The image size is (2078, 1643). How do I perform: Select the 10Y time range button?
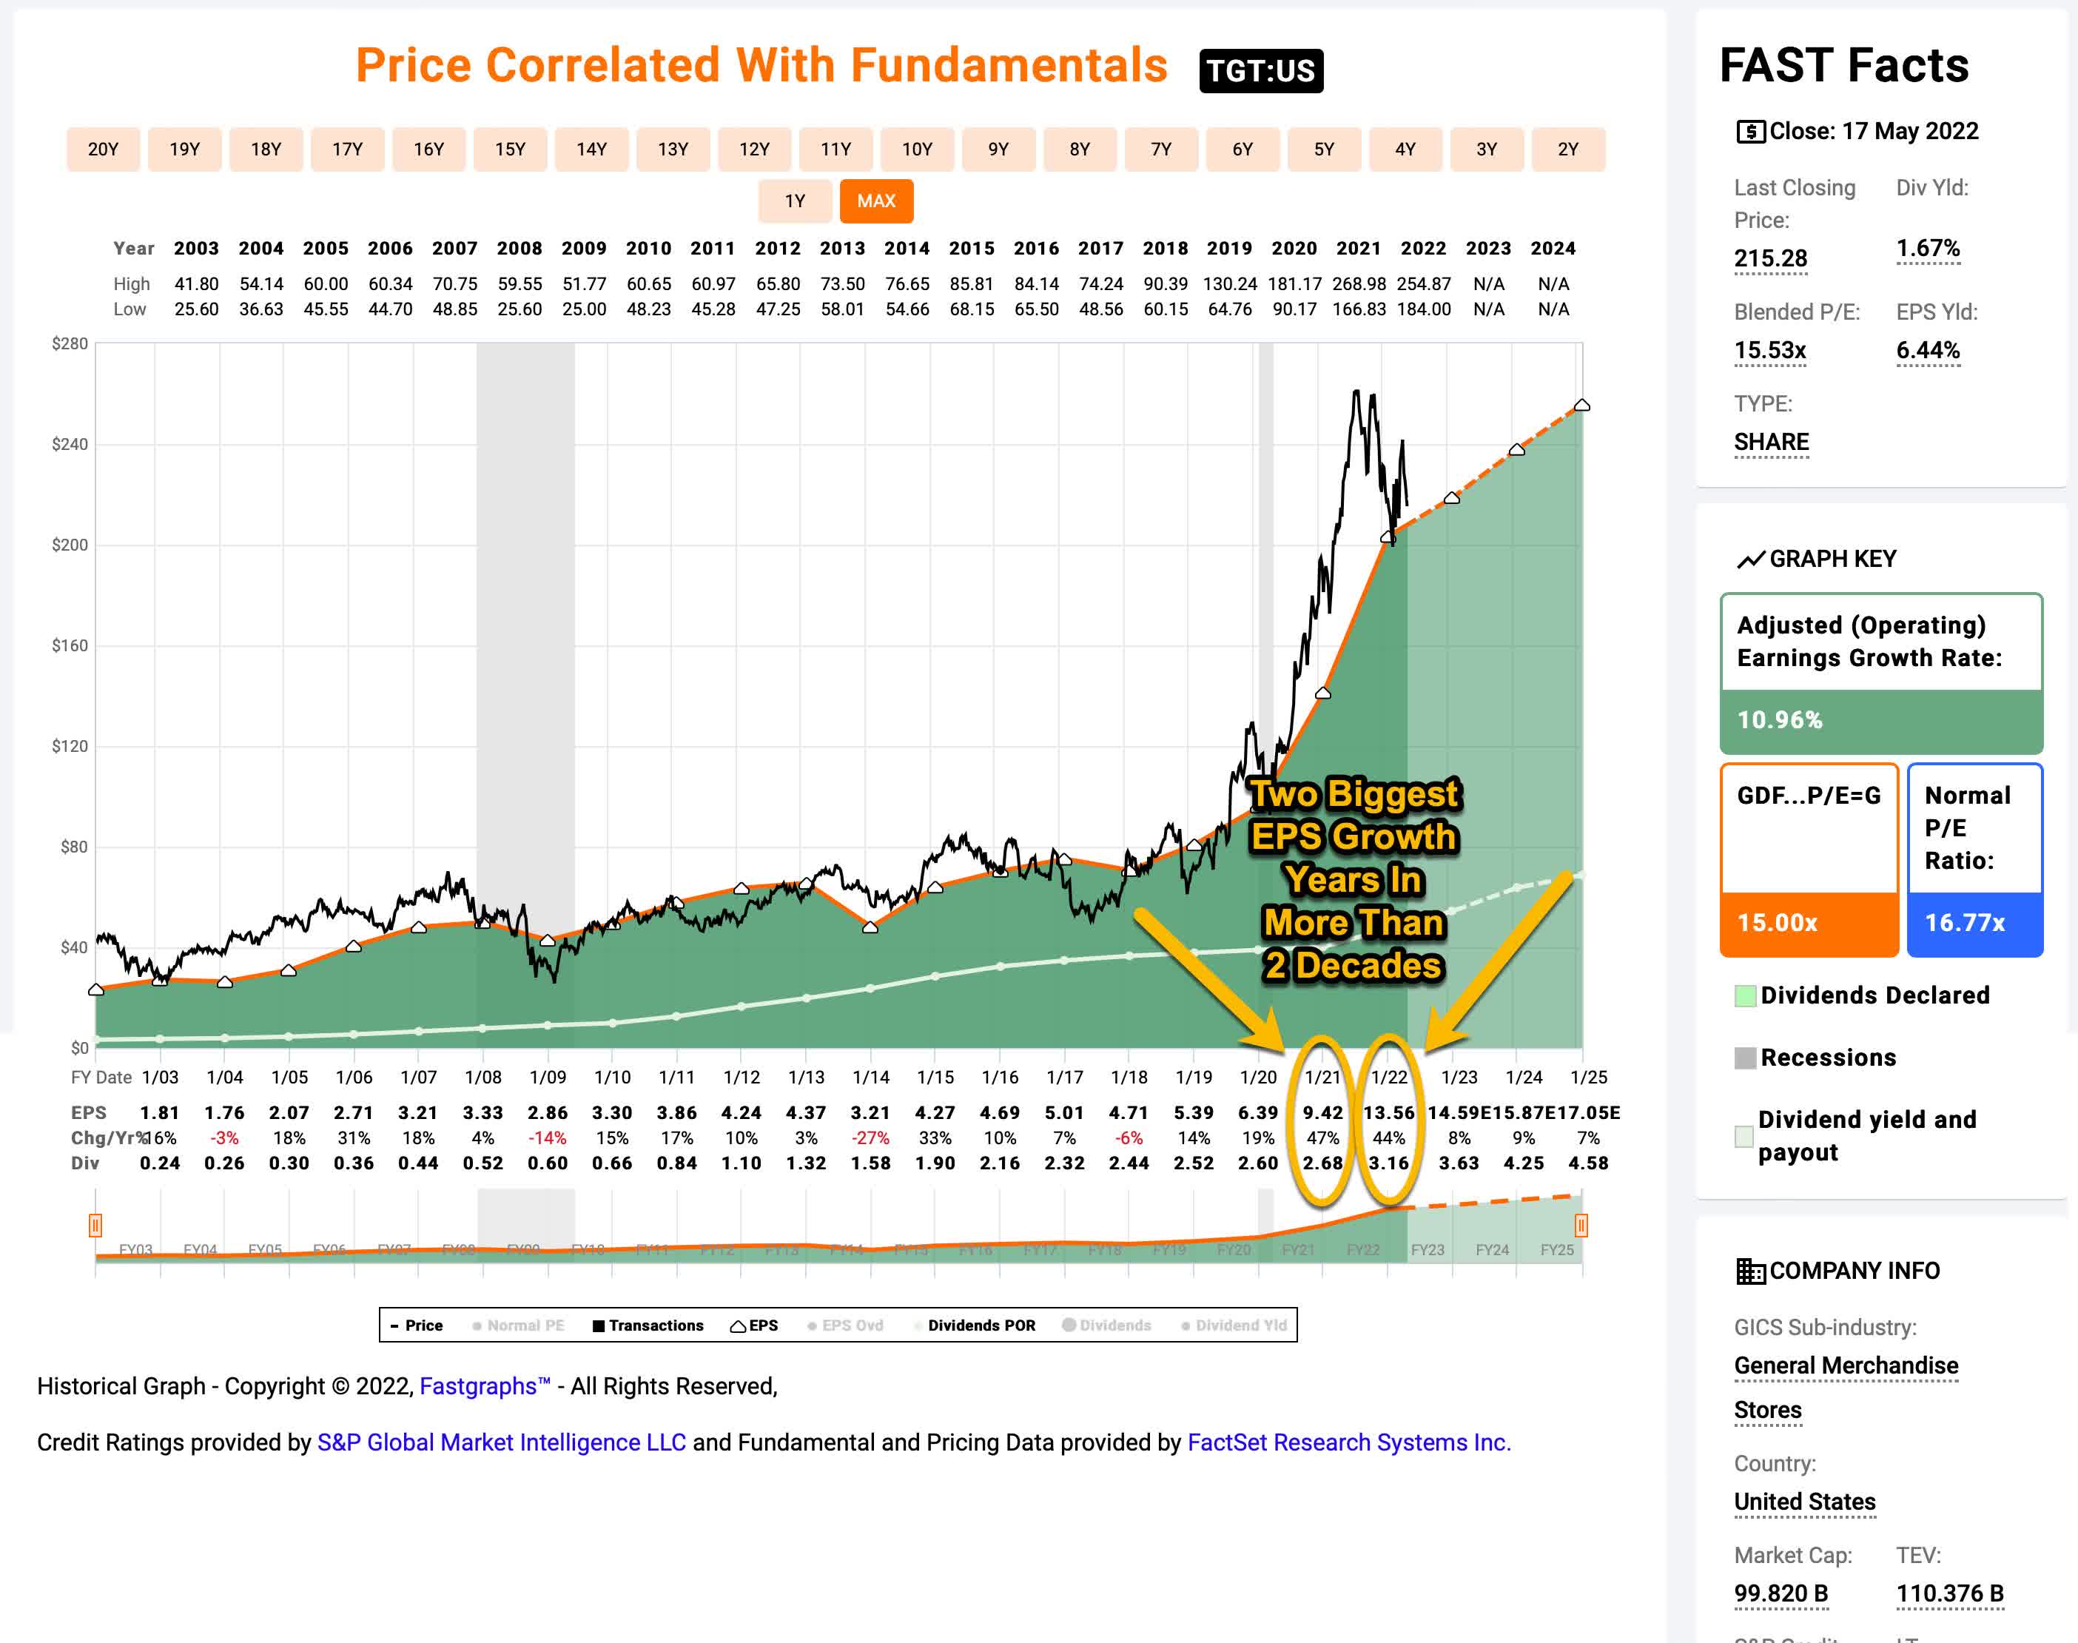point(916,149)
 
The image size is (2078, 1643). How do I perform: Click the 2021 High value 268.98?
point(1358,283)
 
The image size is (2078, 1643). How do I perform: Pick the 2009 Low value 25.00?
point(584,309)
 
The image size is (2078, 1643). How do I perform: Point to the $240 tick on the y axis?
point(70,444)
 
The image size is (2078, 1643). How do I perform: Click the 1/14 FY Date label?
point(870,1078)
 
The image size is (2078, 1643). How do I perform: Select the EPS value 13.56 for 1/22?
point(1388,1112)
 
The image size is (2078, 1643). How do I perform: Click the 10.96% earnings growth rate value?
point(1779,719)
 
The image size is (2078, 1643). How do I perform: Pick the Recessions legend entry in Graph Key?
point(1827,1057)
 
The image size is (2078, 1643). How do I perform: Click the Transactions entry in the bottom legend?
point(655,1325)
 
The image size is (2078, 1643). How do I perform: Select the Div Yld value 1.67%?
point(1927,248)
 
